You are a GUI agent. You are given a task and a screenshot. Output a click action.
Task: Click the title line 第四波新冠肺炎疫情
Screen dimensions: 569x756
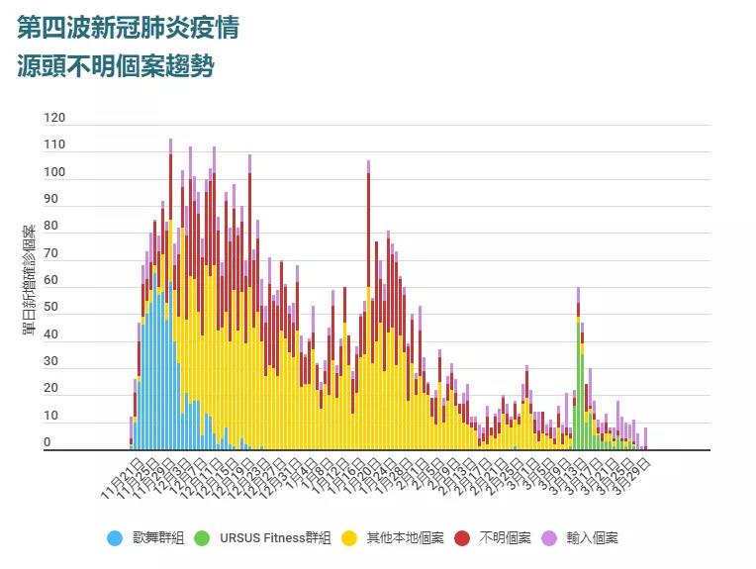pyautogui.click(x=128, y=27)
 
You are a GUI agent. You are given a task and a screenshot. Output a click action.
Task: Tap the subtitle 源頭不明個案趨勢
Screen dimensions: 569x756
pyautogui.click(x=116, y=67)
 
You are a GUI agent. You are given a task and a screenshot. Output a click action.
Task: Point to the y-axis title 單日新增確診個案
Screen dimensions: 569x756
pyautogui.click(x=30, y=279)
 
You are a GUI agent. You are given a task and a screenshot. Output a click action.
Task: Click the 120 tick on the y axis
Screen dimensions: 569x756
pyautogui.click(x=54, y=118)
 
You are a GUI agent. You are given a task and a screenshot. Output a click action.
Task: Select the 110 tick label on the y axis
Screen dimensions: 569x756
pyautogui.click(x=54, y=145)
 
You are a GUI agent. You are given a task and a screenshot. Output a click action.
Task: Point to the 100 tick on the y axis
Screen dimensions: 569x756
pyautogui.click(x=54, y=172)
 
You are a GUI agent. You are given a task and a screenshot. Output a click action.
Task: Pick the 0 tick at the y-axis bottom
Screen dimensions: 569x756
pyautogui.click(x=47, y=442)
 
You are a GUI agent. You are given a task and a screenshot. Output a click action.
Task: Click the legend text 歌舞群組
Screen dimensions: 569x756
pyautogui.click(x=158, y=538)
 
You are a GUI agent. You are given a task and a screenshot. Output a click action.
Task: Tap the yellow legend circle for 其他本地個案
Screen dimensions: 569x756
pyautogui.click(x=349, y=538)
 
